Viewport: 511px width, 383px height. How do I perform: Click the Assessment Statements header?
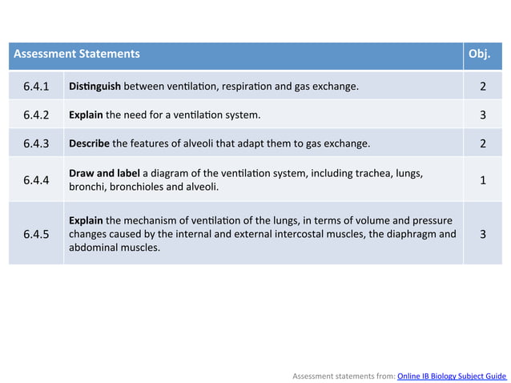tap(77, 54)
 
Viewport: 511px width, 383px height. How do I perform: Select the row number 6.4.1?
tap(36, 86)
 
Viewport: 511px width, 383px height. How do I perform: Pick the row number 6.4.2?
tap(36, 115)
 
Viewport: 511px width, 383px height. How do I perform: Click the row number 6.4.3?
tap(36, 144)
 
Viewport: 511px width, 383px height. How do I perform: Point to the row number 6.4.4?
tap(36, 180)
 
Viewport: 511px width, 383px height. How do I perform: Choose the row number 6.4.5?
tap(36, 234)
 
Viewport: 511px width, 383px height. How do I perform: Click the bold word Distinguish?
tap(95, 86)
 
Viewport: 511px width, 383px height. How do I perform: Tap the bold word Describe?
tap(89, 144)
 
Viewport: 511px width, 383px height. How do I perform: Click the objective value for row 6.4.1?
tap(483, 86)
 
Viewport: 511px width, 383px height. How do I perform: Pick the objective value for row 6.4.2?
tap(483, 115)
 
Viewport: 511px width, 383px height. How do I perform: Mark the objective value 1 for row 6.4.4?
tap(483, 180)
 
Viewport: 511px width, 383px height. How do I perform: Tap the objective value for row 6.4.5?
tap(483, 234)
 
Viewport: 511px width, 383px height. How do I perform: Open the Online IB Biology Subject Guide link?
tap(452, 375)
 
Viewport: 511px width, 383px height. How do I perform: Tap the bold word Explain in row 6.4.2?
tap(86, 115)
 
